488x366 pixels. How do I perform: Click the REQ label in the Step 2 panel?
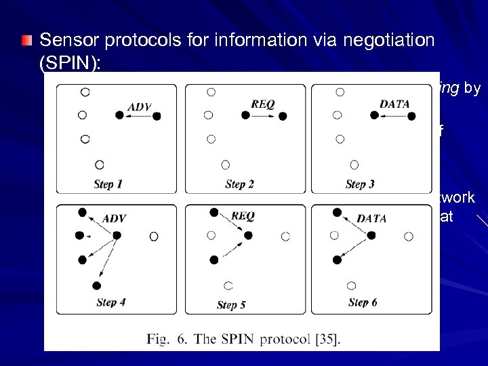[x=263, y=104]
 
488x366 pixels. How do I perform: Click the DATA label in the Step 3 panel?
[x=394, y=104]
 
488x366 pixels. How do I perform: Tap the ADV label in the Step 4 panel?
[x=114, y=218]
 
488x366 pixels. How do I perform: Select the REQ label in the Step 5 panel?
[x=243, y=216]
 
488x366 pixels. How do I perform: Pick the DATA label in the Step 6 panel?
[x=371, y=218]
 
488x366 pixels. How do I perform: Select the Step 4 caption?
[x=110, y=302]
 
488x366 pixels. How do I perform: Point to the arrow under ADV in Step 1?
[x=138, y=115]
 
